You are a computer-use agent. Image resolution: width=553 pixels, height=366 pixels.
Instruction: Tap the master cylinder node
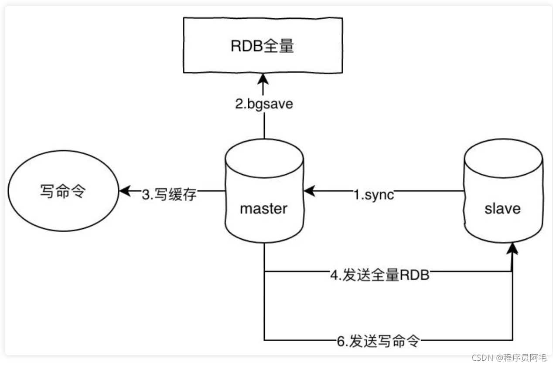(264, 192)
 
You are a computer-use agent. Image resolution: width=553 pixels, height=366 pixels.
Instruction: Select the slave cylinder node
(503, 192)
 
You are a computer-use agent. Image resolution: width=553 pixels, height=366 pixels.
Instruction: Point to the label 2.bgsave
(263, 105)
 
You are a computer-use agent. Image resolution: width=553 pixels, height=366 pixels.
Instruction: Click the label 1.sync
(373, 193)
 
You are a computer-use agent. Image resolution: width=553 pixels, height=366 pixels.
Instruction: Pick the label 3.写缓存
(169, 193)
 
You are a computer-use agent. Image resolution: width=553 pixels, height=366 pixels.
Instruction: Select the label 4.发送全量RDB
(380, 275)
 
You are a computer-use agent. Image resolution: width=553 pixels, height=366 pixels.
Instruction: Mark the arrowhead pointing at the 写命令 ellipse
(124, 191)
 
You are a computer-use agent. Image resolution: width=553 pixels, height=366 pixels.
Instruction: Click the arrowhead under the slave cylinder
(513, 249)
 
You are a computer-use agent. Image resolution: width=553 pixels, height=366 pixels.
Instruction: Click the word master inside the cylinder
(264, 208)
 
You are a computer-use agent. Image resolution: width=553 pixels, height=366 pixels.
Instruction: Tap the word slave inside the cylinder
(503, 208)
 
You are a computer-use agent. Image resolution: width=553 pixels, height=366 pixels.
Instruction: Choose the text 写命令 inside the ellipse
(62, 192)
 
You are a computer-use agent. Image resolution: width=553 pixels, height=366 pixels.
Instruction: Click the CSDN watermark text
(482, 358)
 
